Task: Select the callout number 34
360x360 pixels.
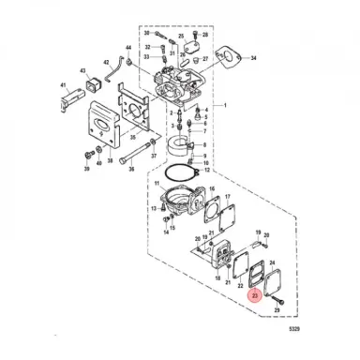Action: click(252, 58)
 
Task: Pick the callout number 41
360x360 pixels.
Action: click(65, 92)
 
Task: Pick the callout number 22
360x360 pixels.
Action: click(241, 285)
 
